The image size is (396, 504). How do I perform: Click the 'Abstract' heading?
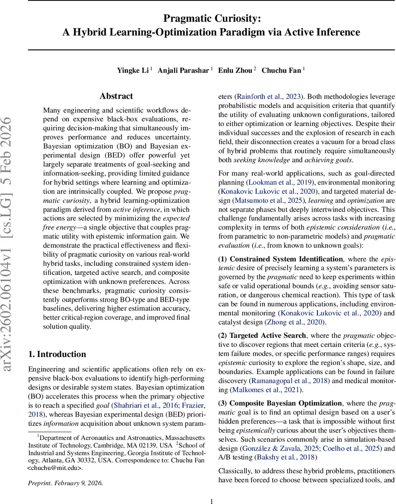(116, 96)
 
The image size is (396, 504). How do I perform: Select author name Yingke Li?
(133, 70)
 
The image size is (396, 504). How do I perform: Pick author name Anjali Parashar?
(183, 70)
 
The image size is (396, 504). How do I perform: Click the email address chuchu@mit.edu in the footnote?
(55, 468)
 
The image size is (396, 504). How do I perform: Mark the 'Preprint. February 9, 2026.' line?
(65, 483)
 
